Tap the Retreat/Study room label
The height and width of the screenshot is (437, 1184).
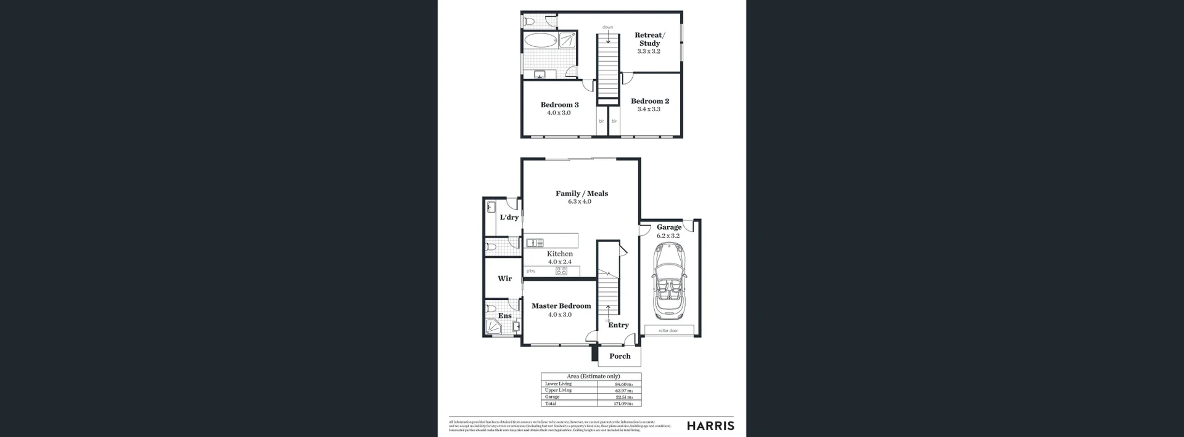point(649,39)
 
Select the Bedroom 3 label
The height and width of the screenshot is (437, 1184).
point(559,105)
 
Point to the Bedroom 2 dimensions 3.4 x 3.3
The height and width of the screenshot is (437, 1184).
point(649,109)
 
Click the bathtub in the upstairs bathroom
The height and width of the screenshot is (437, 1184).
point(540,41)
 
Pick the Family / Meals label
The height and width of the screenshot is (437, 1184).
point(582,193)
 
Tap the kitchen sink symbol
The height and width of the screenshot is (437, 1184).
point(535,243)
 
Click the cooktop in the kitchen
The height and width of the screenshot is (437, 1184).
point(561,271)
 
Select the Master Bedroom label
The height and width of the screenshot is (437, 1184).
point(561,306)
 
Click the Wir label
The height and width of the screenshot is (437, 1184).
point(504,278)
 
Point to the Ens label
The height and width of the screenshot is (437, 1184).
point(504,315)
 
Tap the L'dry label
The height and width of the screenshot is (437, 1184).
point(509,217)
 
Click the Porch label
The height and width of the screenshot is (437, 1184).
point(620,356)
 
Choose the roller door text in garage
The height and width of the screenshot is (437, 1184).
point(668,331)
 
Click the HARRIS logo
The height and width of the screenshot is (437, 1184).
point(710,426)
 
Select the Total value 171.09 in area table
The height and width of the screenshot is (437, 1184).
point(623,404)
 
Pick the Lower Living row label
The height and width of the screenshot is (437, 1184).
point(558,384)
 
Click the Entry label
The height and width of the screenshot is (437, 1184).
point(619,325)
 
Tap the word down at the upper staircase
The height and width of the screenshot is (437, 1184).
point(607,27)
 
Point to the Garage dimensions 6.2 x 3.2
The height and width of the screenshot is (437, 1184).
point(668,236)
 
